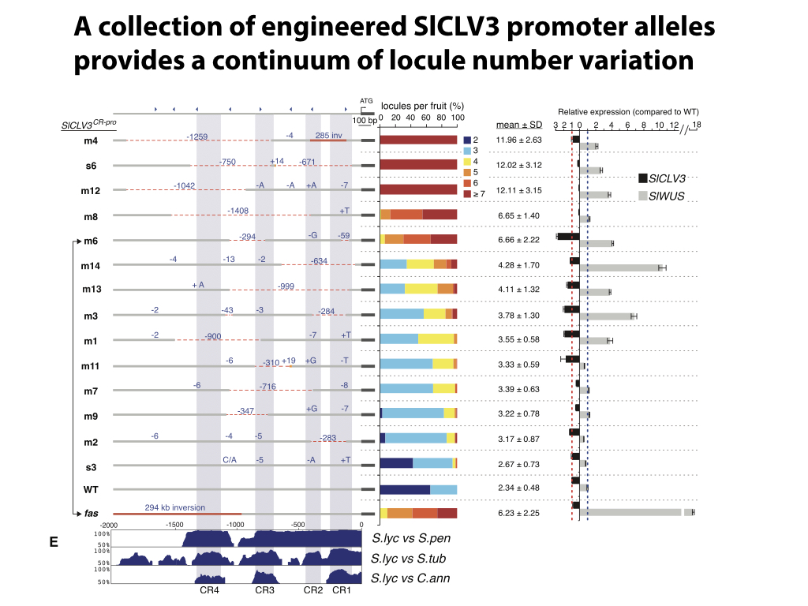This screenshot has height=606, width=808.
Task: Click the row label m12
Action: point(92,190)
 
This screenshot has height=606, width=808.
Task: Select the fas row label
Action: point(92,514)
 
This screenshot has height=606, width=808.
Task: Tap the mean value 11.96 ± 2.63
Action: point(519,140)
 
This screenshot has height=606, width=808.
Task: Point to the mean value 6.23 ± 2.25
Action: point(519,513)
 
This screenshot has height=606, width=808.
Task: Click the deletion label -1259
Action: point(196,137)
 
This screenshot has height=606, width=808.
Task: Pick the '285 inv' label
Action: point(328,135)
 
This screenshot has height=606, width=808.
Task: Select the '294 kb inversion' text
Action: point(174,507)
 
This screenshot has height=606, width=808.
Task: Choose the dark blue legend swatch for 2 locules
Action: point(466,140)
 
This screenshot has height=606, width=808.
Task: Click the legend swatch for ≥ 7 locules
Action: point(466,193)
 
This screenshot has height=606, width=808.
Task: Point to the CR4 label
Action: point(209,589)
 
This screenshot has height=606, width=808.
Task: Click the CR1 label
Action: point(341,589)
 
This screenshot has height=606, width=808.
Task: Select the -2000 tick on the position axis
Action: point(109,525)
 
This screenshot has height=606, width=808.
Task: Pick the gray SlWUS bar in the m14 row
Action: point(619,268)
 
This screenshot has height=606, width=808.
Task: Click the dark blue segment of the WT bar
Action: point(405,489)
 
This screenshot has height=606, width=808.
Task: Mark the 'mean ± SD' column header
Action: point(519,124)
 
